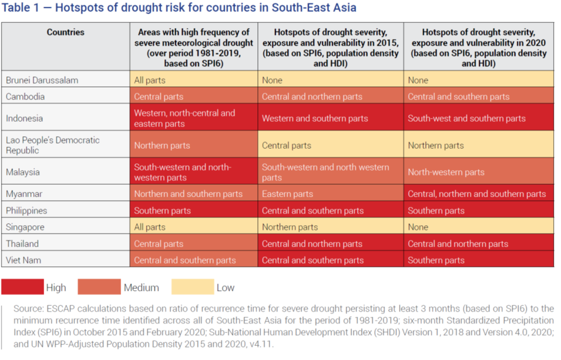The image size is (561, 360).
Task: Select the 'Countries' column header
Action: (65, 32)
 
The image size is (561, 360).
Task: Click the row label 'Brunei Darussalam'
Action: (42, 80)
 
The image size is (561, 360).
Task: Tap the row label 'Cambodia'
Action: (25, 97)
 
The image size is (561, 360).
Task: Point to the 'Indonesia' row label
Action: (25, 118)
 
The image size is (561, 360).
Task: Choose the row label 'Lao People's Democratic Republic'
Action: (53, 145)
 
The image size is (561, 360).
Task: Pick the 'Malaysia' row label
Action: (23, 172)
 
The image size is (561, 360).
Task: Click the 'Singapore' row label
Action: (25, 227)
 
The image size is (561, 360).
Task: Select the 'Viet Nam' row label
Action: (23, 260)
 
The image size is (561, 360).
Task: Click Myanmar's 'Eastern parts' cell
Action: (288, 194)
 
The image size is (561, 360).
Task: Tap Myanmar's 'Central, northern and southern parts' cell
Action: (477, 194)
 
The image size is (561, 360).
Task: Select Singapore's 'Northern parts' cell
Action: (290, 227)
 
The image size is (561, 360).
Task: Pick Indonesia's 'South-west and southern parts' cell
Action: (466, 118)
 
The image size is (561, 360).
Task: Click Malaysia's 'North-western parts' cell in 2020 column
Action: (446, 172)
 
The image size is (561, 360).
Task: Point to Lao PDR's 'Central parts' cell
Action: (286, 145)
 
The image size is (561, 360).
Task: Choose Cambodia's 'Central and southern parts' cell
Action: (459, 97)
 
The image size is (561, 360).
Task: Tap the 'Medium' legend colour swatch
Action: (99, 287)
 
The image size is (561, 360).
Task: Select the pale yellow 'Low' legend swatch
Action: (193, 287)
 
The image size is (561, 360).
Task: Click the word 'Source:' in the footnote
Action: (27, 309)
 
